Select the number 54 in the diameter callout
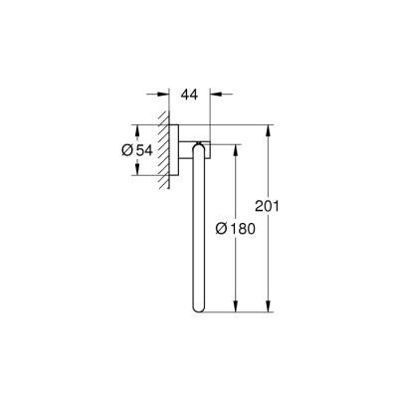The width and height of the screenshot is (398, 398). click(x=145, y=151)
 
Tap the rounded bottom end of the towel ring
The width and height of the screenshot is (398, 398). click(x=203, y=309)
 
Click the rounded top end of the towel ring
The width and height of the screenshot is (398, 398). click(x=203, y=147)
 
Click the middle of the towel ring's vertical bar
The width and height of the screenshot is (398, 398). click(x=203, y=229)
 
